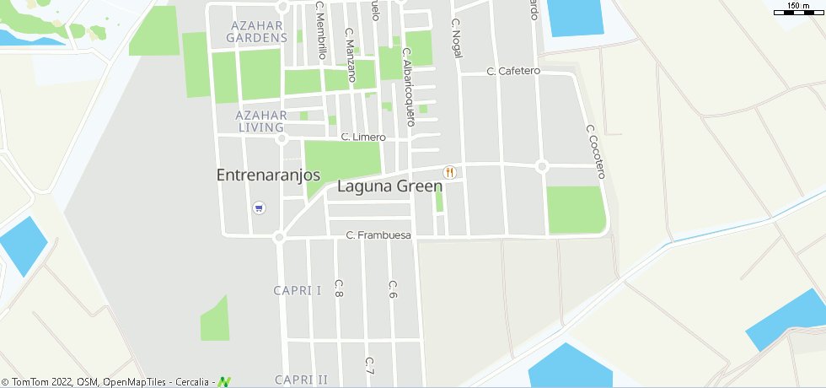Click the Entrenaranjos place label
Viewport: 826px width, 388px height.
(269, 175)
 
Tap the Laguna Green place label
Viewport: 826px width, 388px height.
(389, 186)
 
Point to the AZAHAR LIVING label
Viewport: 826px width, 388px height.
(262, 121)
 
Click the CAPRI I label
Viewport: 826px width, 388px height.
(298, 290)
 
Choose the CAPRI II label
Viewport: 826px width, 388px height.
(301, 380)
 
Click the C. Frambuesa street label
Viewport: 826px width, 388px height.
(378, 235)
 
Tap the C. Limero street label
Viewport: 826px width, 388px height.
(363, 137)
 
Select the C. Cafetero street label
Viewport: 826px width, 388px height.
(513, 72)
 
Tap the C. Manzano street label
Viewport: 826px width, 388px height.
(351, 55)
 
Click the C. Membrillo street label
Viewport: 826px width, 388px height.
(321, 30)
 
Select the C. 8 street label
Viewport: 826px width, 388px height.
(339, 288)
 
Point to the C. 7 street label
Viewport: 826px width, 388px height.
(369, 366)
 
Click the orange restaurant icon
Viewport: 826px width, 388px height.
(449, 172)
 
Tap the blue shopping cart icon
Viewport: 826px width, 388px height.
(259, 207)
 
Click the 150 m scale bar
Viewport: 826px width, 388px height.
(797, 8)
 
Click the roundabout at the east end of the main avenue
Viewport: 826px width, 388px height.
(542, 166)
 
